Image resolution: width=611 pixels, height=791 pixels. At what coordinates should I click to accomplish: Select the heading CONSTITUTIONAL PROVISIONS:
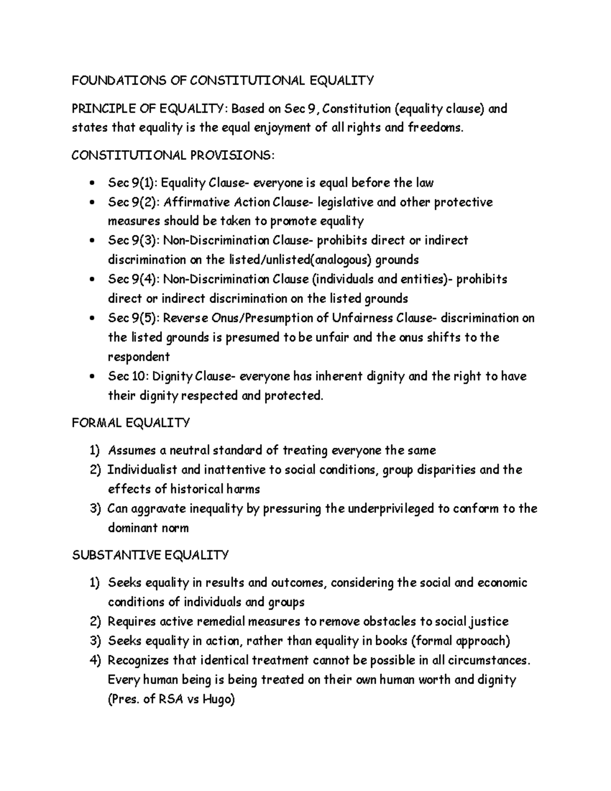click(x=173, y=155)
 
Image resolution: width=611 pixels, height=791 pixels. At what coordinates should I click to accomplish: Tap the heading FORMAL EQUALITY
click(x=131, y=423)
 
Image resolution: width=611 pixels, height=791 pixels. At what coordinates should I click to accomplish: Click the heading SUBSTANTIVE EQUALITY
click(x=150, y=555)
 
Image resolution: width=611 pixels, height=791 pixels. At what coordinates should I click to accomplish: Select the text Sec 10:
click(x=127, y=376)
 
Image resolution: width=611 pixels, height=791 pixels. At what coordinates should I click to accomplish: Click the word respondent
click(x=138, y=357)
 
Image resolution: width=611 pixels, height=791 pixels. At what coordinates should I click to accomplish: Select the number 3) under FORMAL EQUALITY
click(x=95, y=508)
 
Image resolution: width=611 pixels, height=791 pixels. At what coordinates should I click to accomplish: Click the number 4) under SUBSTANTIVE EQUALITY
click(x=95, y=661)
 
